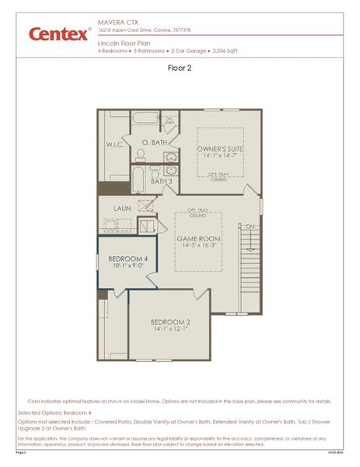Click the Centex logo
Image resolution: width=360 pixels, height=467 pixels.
pyautogui.click(x=59, y=33)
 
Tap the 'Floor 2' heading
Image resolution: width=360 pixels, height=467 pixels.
pyautogui.click(x=180, y=68)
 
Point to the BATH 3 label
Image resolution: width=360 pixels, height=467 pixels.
pyautogui.click(x=161, y=181)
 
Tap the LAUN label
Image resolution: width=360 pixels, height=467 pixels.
pyautogui.click(x=122, y=208)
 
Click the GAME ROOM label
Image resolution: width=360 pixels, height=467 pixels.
pyautogui.click(x=197, y=237)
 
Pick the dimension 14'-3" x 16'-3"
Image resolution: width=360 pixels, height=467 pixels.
pyautogui.click(x=197, y=245)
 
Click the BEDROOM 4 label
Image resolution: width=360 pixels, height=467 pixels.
pyautogui.click(x=128, y=258)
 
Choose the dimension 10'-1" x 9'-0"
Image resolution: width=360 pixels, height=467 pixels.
pyautogui.click(x=128, y=265)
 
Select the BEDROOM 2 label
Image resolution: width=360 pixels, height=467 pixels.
pyautogui.click(x=171, y=321)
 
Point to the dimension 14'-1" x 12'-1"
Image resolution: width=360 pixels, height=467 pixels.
pyautogui.click(x=171, y=329)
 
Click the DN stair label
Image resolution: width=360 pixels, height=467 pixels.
pyautogui.click(x=249, y=226)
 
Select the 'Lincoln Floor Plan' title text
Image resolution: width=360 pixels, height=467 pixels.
pyautogui.click(x=124, y=44)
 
